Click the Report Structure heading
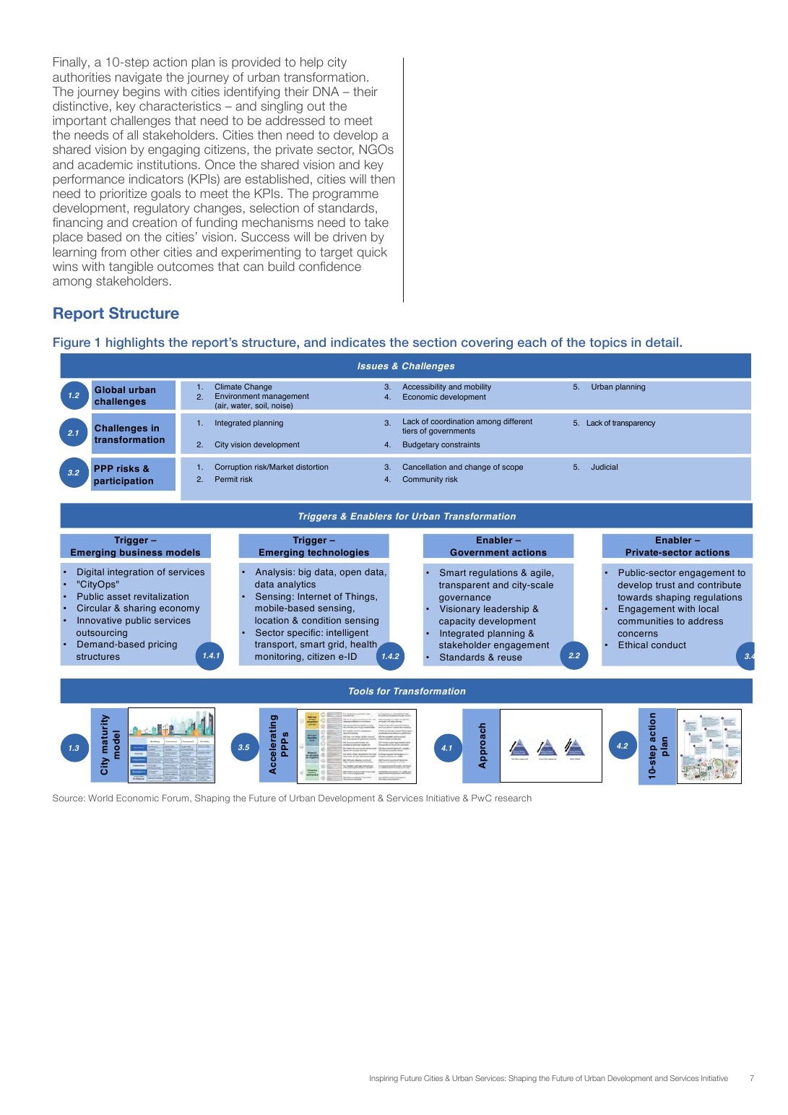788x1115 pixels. coord(116,314)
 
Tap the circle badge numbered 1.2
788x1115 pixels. coord(74,395)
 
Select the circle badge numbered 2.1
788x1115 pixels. coord(74,433)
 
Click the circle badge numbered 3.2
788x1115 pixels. coord(74,473)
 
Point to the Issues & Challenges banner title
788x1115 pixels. coord(406,366)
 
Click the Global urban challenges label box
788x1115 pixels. coord(134,395)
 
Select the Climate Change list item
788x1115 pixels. coord(243,387)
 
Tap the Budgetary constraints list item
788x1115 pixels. coord(441,445)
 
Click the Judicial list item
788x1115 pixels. coord(605,468)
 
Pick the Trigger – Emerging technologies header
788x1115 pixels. coord(313,546)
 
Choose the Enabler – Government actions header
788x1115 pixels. coord(498,546)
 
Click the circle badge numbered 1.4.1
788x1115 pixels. coord(211,655)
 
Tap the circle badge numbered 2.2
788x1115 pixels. coord(574,655)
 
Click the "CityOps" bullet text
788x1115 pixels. coord(98,585)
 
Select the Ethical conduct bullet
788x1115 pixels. coord(651,645)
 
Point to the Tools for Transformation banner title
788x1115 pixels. coord(407,692)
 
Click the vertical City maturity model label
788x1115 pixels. coord(110,746)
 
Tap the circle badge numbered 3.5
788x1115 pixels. coord(244,747)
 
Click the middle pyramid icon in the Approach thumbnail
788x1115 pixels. coord(547,747)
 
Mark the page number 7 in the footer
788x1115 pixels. coord(752,1078)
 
